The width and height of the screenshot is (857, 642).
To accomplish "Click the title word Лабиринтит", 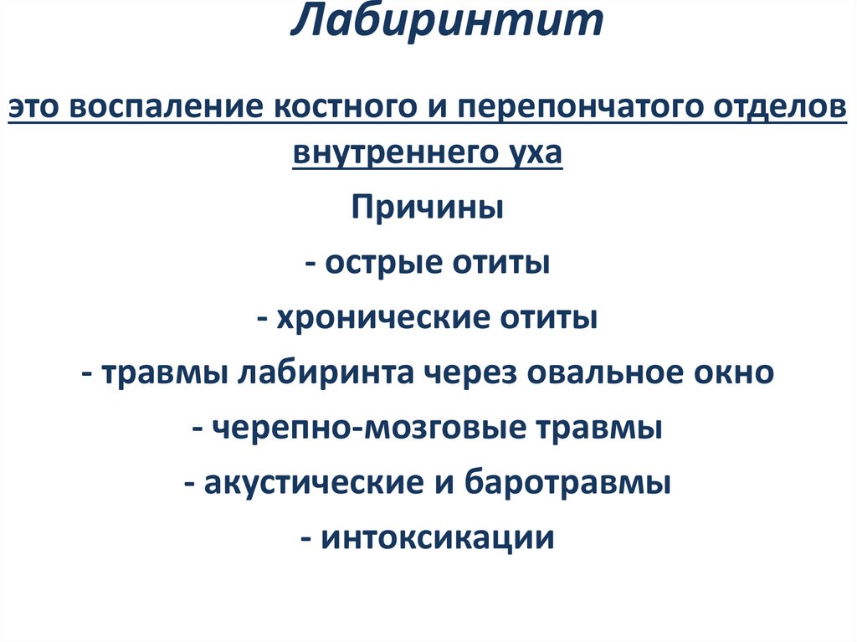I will (447, 23).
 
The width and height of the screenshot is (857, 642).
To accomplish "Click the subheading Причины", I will (428, 207).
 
